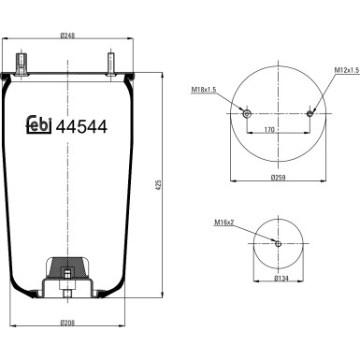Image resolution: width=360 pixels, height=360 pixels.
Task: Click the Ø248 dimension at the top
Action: (x=67, y=36)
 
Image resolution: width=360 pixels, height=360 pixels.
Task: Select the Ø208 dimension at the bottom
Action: (x=67, y=322)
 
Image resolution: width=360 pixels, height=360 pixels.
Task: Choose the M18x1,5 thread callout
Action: (x=205, y=89)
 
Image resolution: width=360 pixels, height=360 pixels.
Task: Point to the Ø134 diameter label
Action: (x=278, y=279)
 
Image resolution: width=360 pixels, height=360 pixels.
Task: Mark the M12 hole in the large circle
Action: (x=310, y=112)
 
